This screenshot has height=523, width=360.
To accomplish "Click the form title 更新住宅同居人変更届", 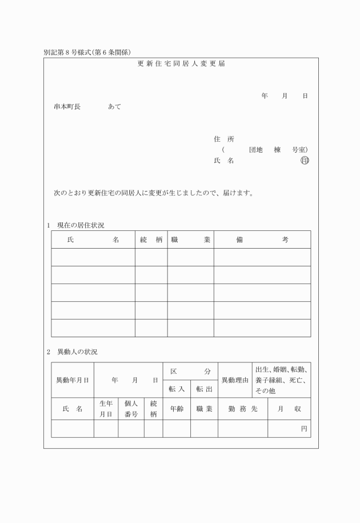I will click(x=181, y=63).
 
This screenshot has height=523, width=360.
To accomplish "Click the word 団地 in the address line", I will click(x=255, y=150).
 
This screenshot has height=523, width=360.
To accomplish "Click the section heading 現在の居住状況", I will click(x=80, y=225).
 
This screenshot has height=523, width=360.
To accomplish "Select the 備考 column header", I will click(x=262, y=239).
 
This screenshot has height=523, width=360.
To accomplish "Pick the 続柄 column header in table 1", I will click(x=151, y=239).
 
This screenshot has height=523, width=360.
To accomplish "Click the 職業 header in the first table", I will click(x=190, y=239).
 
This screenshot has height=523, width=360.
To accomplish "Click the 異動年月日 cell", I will click(x=72, y=380).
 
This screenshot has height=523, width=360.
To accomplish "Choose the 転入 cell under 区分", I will click(x=177, y=389).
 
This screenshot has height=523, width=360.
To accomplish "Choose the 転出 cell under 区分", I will click(x=204, y=389).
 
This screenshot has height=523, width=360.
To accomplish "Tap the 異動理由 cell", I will click(x=235, y=380).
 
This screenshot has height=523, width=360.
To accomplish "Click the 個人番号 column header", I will click(x=131, y=409).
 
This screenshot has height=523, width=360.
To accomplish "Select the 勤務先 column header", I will click(x=243, y=409).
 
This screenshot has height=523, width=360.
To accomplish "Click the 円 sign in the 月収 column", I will click(x=304, y=428).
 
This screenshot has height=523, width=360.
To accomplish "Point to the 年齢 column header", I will click(x=177, y=409).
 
